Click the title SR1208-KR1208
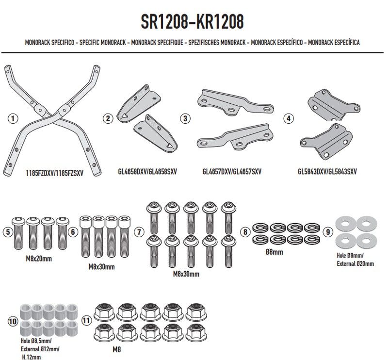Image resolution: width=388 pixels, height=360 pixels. pyautogui.click(x=192, y=21)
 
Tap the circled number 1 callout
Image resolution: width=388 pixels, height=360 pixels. pyautogui.click(x=13, y=118)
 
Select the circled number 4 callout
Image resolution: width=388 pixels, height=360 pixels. pyautogui.click(x=288, y=118)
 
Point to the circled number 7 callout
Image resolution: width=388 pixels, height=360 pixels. pyautogui.click(x=139, y=232)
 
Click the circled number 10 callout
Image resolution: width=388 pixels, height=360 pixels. pyautogui.click(x=13, y=321)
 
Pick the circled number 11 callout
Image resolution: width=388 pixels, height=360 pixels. pyautogui.click(x=86, y=321)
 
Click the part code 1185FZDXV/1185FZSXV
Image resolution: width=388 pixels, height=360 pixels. pyautogui.click(x=55, y=173)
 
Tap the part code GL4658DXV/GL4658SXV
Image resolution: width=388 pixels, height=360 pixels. pyautogui.click(x=147, y=172)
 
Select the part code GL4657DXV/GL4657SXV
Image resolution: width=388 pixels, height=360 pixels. pyautogui.click(x=232, y=172)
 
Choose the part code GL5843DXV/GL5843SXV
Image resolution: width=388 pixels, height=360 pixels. pyautogui.click(x=327, y=172)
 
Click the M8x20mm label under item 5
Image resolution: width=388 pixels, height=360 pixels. pyautogui.click(x=39, y=259)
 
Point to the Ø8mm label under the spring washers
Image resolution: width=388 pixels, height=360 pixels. pyautogui.click(x=274, y=252)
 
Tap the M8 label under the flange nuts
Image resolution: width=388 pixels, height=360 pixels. pyautogui.click(x=116, y=349)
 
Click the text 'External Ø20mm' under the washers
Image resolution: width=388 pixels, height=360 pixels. pyautogui.click(x=355, y=263)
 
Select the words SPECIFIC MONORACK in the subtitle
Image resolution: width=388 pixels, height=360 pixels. pyautogui.click(x=102, y=42)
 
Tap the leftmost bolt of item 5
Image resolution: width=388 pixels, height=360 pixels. pyautogui.click(x=18, y=233)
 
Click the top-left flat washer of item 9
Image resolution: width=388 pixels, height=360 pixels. pyautogui.click(x=346, y=224)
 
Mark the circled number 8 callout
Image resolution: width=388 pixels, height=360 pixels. pyautogui.click(x=245, y=232)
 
